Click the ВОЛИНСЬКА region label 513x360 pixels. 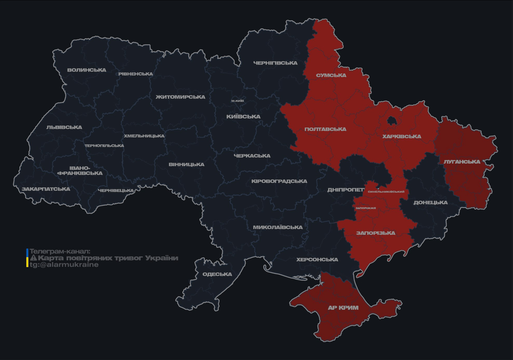[87, 70]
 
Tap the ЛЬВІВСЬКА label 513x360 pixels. [64, 127]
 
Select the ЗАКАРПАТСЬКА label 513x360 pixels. [46, 189]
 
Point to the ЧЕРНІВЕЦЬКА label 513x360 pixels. [116, 191]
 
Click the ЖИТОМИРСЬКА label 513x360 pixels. [181, 97]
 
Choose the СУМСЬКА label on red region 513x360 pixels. [331, 75]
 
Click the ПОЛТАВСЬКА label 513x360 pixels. [325, 129]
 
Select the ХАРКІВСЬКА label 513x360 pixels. [401, 137]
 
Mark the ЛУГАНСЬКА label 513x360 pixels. [462, 162]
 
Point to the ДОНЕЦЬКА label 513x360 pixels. [430, 203]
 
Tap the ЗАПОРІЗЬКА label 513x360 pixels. [376, 233]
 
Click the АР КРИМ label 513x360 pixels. [343, 308]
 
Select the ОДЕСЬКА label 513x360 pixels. [217, 274]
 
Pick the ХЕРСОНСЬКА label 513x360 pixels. [317, 260]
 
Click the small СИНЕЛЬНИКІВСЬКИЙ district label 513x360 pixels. [386, 192]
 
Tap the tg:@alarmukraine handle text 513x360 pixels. [64, 265]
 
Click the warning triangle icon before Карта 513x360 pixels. [33, 258]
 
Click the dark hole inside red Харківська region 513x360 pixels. [391, 121]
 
